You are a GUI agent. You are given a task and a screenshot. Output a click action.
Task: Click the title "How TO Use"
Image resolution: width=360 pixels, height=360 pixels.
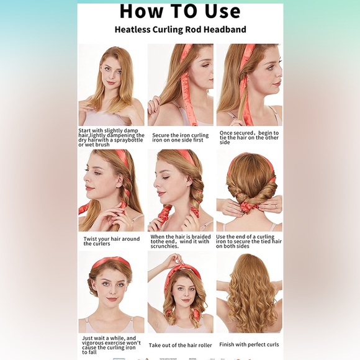180,11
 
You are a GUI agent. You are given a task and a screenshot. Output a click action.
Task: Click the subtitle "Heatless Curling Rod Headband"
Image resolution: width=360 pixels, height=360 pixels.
180,30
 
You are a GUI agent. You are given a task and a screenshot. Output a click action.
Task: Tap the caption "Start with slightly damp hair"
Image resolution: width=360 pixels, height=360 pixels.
111,138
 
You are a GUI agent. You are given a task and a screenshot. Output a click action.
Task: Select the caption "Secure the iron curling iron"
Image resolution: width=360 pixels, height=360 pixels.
181,138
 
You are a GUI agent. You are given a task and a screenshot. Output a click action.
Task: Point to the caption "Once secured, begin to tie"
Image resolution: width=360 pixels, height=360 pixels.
249,138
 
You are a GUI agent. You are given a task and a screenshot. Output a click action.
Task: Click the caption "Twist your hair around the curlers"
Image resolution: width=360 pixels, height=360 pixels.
112,241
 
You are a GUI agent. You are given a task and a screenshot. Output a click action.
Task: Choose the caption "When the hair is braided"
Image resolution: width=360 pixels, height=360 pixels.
181,241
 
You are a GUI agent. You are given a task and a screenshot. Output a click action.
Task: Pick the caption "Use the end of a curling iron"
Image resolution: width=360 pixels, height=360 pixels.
249,241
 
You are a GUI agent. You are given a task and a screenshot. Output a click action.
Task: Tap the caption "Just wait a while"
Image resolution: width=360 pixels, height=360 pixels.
111,345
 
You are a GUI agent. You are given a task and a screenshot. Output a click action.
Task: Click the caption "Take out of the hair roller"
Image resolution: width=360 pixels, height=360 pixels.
180,345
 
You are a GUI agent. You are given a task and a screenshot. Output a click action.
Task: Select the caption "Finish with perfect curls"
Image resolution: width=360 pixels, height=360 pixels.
249,344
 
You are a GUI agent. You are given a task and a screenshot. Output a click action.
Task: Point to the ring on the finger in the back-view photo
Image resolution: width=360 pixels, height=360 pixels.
276,207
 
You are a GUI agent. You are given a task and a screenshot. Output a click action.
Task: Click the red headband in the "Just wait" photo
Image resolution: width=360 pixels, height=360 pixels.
111,264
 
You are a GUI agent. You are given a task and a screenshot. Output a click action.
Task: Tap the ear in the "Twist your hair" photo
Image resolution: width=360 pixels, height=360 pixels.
120,183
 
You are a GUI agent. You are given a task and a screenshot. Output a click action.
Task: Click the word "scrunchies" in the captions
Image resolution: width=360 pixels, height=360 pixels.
164,246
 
